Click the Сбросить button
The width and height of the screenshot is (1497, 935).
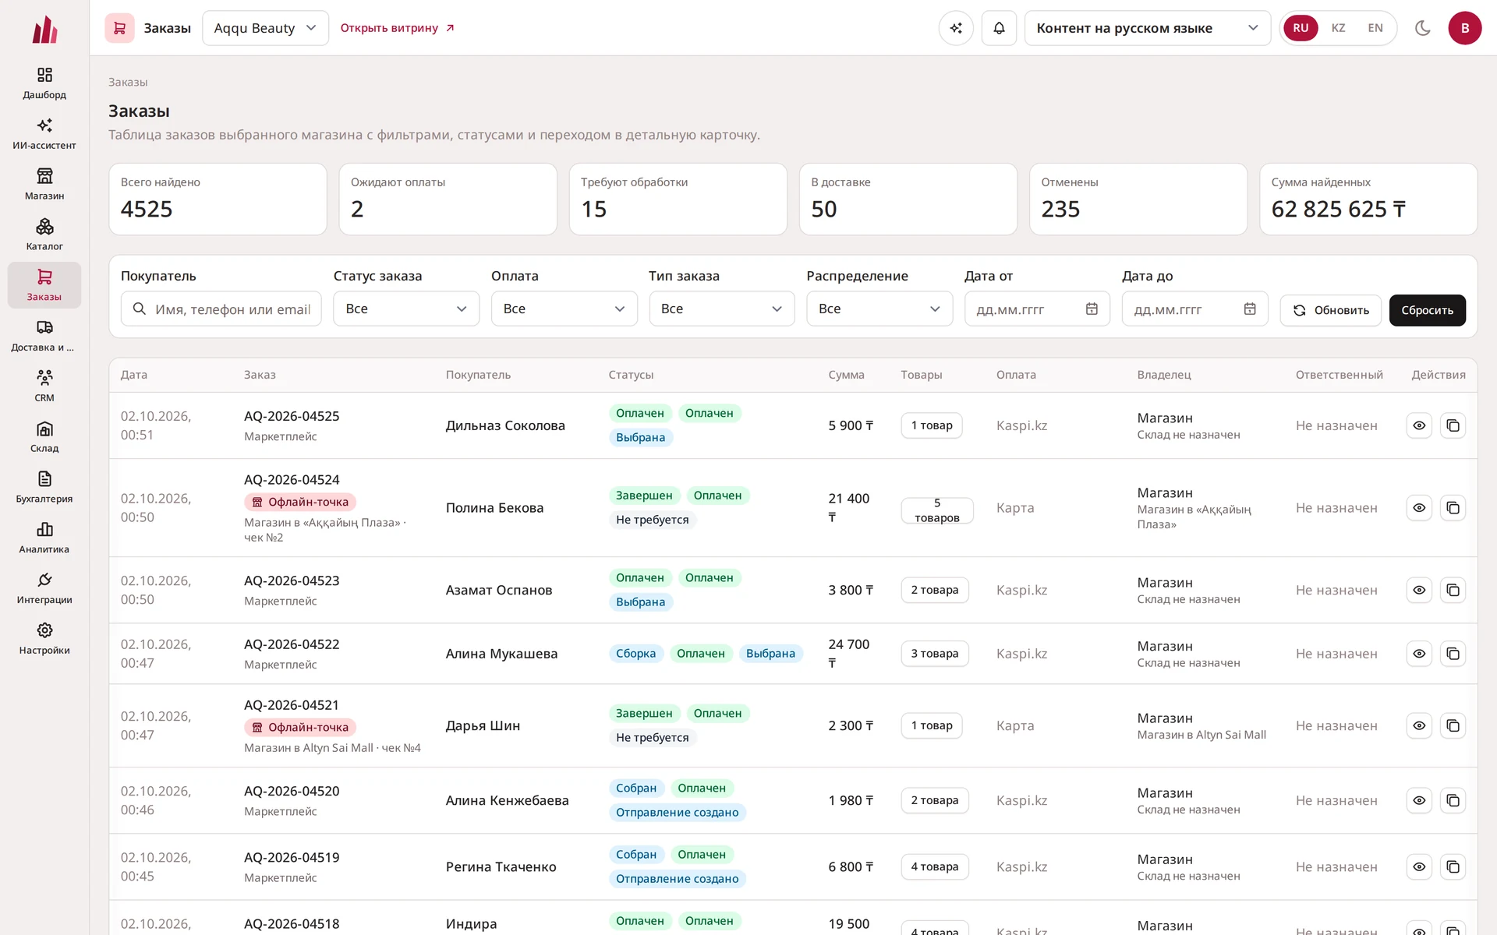click(x=1427, y=310)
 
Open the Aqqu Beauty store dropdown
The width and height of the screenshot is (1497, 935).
click(x=265, y=28)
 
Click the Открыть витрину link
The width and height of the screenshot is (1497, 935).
click(x=398, y=28)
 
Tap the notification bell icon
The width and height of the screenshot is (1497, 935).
click(x=999, y=28)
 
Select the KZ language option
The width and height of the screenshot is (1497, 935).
click(x=1338, y=28)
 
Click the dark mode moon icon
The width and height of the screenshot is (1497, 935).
click(x=1422, y=28)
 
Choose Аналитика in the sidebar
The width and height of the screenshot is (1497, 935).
click(x=44, y=538)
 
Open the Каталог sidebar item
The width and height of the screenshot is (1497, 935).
click(x=44, y=235)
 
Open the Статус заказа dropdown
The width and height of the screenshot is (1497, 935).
click(x=406, y=309)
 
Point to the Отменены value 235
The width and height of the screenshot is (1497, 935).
click(x=1060, y=209)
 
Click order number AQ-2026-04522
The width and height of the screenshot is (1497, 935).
click(x=292, y=644)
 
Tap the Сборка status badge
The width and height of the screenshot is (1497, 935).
click(x=635, y=654)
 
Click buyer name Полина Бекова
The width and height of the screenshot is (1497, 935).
click(x=494, y=508)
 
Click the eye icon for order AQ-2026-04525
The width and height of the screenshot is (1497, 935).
click(x=1419, y=425)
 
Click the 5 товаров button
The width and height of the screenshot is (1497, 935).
click(x=937, y=510)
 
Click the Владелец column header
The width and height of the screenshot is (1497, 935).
click(x=1164, y=375)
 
